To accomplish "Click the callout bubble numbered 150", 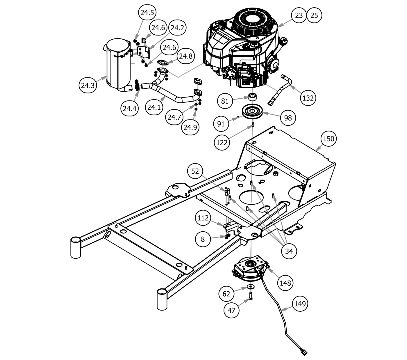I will point(329,139).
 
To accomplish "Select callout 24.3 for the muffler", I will point(88,86).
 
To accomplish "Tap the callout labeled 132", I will point(308,98).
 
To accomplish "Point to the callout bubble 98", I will point(288,118).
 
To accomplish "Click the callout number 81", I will point(225,101).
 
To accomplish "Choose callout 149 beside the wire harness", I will point(300,304).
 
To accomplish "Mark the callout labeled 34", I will point(289,251).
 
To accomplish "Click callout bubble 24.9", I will point(190,127).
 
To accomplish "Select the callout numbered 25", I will point(314,15).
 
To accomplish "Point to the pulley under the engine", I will point(252,112).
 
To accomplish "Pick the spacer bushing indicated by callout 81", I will point(253,97).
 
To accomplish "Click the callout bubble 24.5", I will point(147,13).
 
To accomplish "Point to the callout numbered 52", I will point(195,171).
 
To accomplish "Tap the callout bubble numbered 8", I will point(203,239).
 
